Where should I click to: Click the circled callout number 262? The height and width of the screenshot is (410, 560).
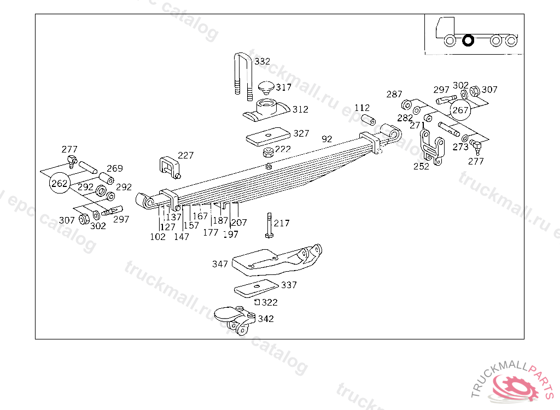pos(59,183)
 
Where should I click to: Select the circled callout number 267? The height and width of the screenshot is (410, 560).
pos(460,110)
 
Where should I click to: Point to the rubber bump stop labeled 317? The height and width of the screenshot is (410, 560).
pos(266,87)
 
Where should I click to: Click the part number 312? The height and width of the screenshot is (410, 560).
pos(300,109)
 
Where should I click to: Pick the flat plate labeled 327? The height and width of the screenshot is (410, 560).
pos(268,137)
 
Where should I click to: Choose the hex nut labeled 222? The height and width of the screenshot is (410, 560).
pos(268,153)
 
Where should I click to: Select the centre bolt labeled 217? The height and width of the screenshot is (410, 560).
pos(269,225)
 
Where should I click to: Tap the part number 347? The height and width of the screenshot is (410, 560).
pos(220,264)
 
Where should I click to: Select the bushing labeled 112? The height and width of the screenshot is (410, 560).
pos(368,120)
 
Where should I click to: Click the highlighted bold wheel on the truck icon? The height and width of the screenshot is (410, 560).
pos(468,40)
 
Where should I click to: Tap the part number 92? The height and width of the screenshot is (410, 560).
pos(327,139)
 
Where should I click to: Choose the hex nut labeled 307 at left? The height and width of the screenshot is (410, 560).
pos(84,219)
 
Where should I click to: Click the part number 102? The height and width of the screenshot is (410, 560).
pos(157,237)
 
